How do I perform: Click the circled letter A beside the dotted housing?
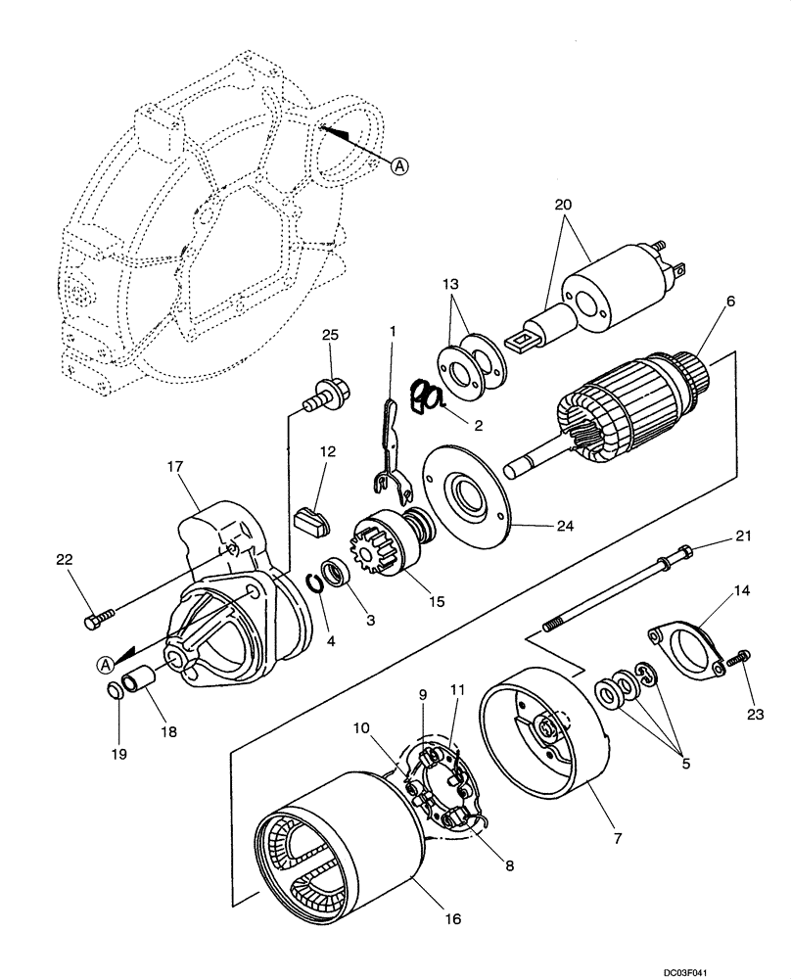[398, 165]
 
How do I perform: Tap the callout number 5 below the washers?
[685, 762]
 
